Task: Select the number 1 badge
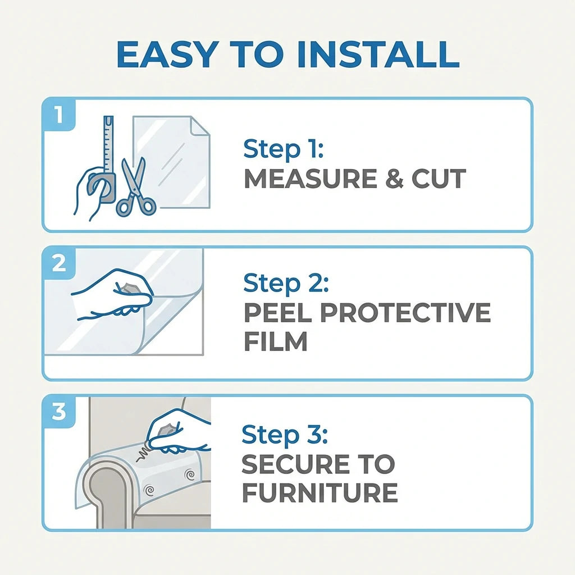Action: pos(58,115)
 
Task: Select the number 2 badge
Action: pos(58,263)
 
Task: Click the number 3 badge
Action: pos(58,412)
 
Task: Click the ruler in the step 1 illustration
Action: pos(108,143)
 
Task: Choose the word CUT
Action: pos(439,179)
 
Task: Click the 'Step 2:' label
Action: pos(285,284)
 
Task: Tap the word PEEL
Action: pos(279,313)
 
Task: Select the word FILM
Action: pos(275,341)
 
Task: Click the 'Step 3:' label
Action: pos(284,435)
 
